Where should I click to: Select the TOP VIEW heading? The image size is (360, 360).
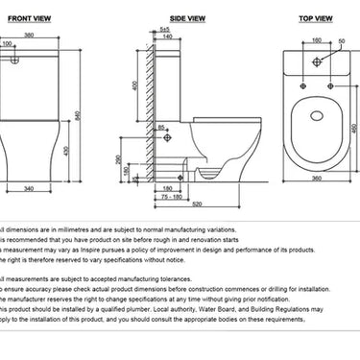(317, 17)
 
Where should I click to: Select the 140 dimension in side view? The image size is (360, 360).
(168, 36)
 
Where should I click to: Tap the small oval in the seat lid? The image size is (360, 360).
(316, 118)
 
